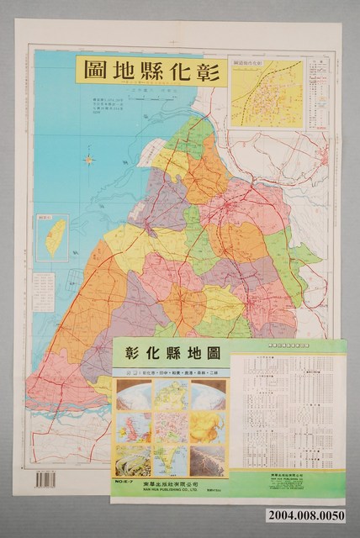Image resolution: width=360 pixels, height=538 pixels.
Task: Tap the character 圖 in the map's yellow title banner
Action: (x=95, y=69)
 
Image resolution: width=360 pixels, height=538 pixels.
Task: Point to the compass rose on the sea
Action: (x=89, y=158)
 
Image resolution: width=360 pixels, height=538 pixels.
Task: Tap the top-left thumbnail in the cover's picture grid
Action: (x=133, y=396)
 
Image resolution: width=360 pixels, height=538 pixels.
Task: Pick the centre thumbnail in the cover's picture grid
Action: (x=171, y=425)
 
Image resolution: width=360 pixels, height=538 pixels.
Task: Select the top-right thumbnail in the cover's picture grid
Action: (x=208, y=396)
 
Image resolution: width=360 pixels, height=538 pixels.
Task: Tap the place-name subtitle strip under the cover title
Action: (x=171, y=370)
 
